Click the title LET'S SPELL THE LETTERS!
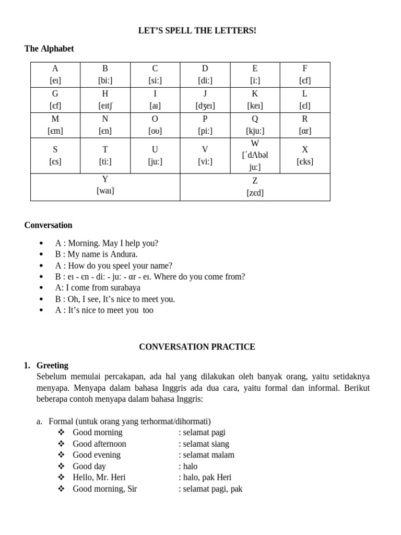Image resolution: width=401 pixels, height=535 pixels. (197, 31)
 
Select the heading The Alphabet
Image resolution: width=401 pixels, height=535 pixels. (49, 49)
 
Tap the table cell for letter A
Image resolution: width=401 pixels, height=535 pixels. (55, 75)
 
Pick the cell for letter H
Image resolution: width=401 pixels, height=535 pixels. (105, 100)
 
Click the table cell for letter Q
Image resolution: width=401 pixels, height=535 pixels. (255, 125)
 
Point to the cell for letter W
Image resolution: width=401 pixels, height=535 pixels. (255, 155)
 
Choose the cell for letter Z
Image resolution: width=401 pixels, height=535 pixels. (255, 187)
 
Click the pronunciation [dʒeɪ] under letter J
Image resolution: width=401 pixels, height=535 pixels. (205, 106)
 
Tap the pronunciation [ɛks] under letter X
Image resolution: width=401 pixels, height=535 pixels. (305, 161)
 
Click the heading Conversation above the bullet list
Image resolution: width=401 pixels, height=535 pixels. (48, 225)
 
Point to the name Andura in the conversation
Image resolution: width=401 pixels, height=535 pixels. (123, 254)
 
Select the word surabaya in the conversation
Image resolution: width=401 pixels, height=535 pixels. (124, 288)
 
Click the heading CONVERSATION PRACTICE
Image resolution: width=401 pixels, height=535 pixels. (197, 346)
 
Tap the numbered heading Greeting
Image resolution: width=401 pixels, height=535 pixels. (53, 365)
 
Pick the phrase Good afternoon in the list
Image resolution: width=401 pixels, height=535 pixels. (99, 444)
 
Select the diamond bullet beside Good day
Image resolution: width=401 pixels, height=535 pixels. (61, 466)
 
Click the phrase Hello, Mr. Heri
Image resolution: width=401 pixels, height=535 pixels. (99, 477)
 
